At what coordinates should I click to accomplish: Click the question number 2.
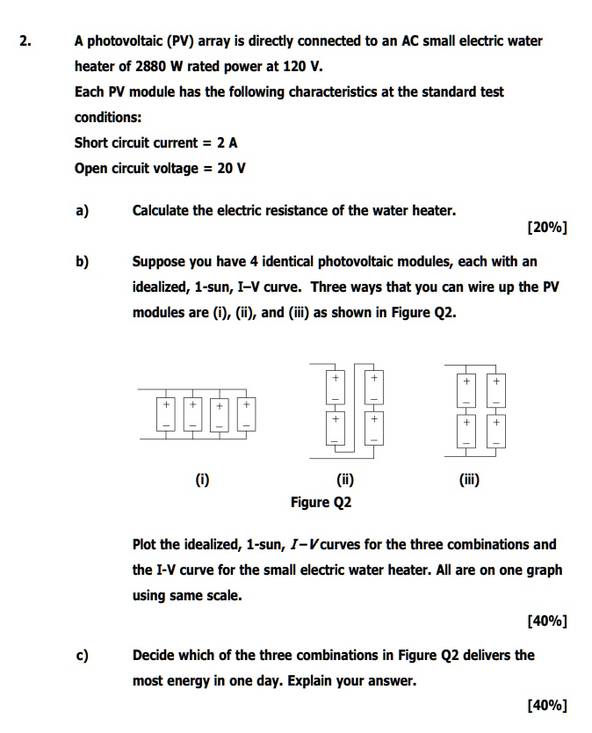pos(26,41)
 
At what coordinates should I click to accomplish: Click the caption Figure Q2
pos(321,503)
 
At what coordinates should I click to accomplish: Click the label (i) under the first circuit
pos(203,480)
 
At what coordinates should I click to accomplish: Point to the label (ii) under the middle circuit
pos(345,480)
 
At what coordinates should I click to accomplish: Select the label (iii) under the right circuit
pos(468,480)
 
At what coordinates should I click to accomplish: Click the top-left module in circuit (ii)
pos(334,386)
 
